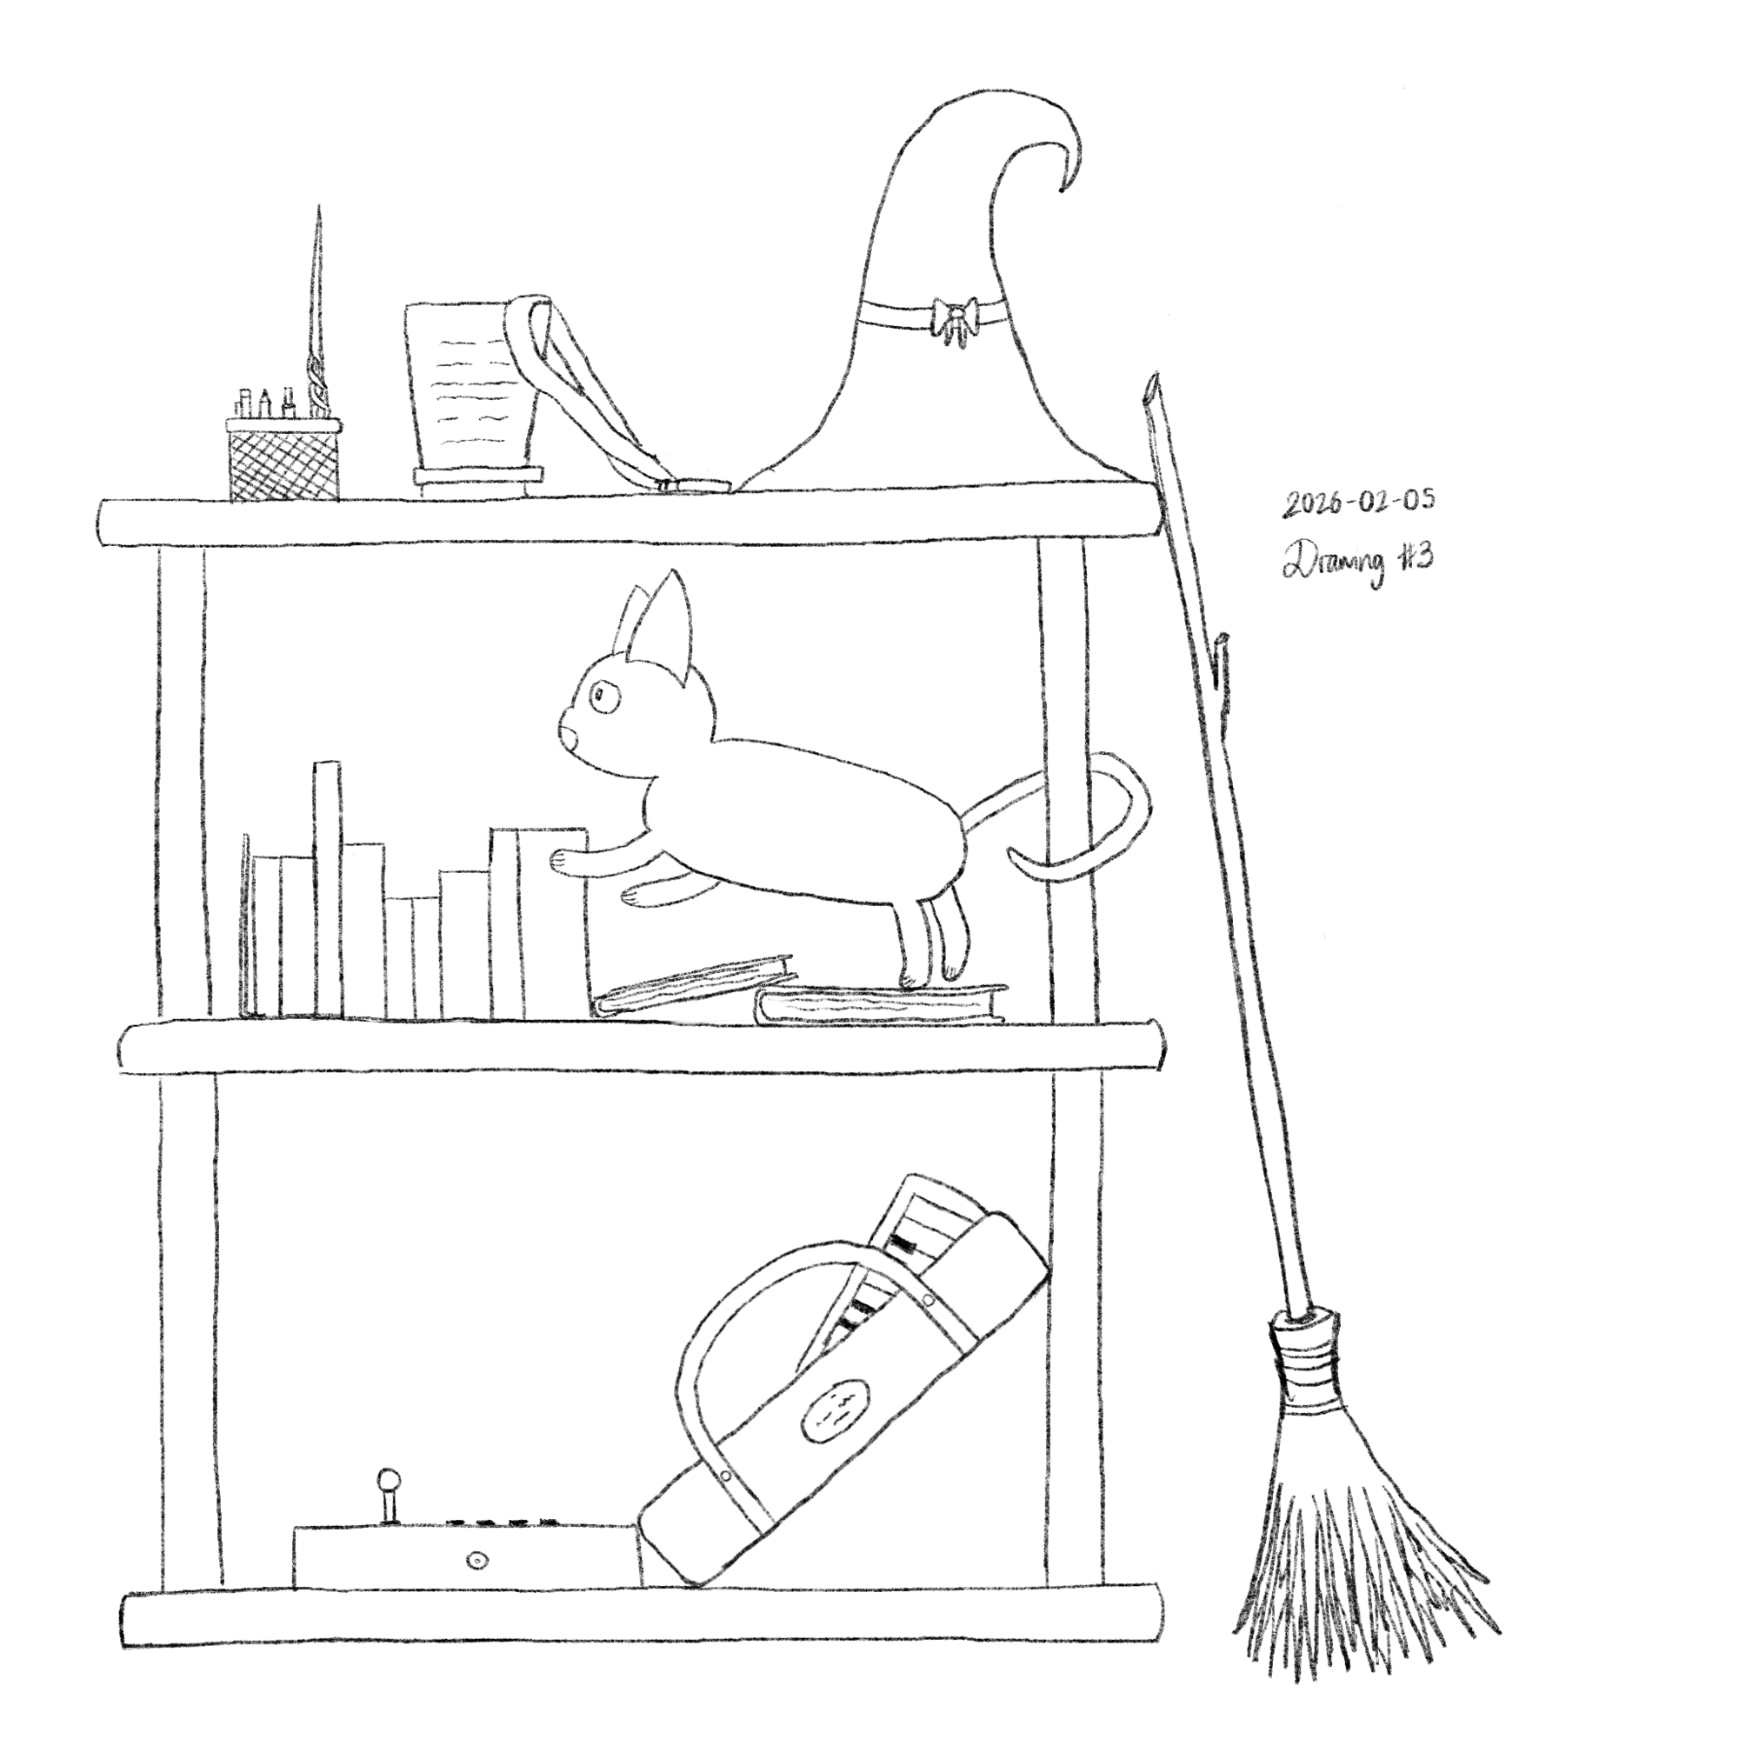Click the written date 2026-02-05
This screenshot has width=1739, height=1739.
(1357, 505)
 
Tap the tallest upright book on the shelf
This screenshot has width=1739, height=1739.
(328, 890)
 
